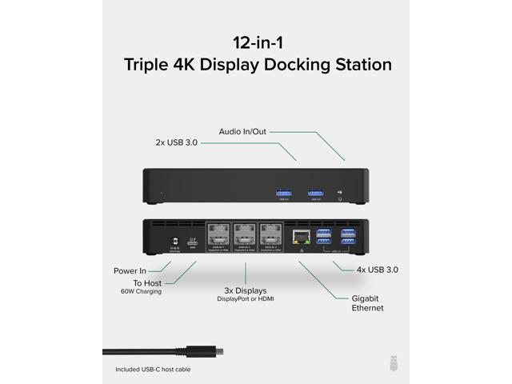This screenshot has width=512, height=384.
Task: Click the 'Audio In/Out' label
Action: pyautogui.click(x=243, y=131)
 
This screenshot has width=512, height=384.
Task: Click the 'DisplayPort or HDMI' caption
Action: pyautogui.click(x=245, y=299)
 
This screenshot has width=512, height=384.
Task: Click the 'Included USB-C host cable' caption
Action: pyautogui.click(x=153, y=370)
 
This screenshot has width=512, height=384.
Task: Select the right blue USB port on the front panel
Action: pyautogui.click(x=315, y=191)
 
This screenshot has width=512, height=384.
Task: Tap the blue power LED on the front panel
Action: pyautogui.click(x=160, y=192)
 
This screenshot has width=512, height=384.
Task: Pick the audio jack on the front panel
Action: pyautogui.click(x=343, y=192)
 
